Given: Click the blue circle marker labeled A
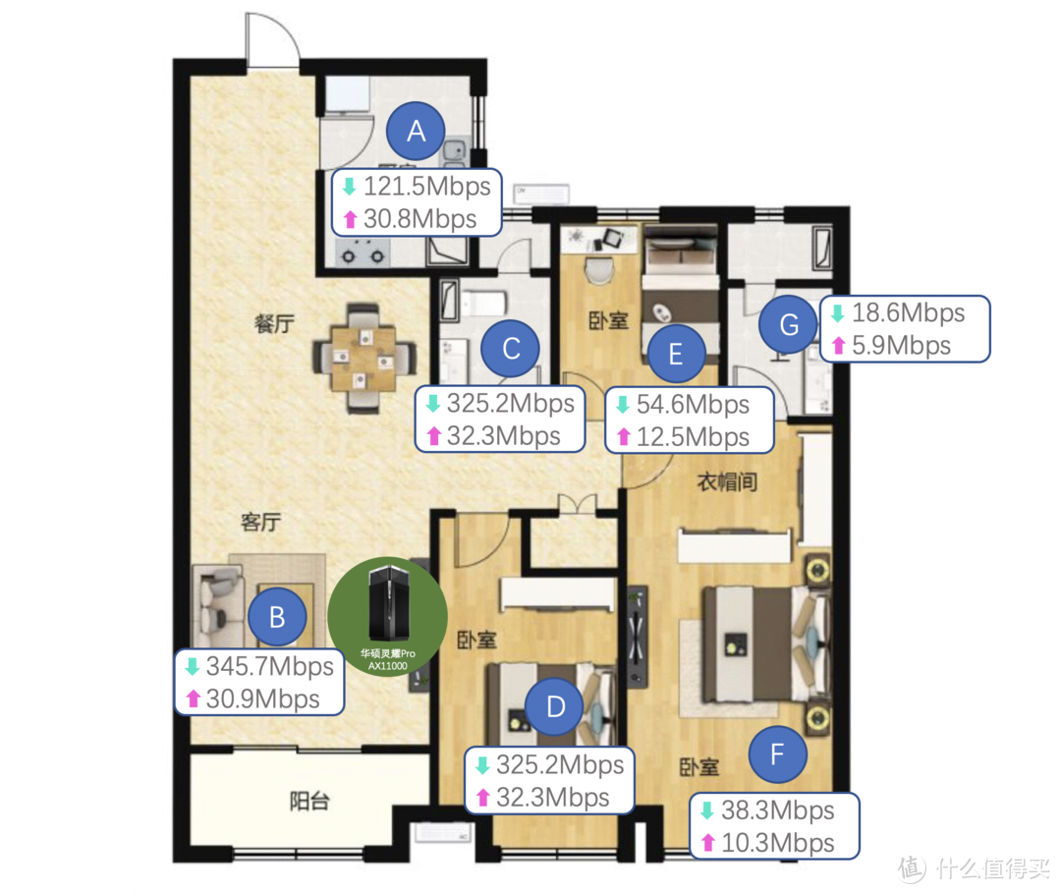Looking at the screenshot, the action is click(x=416, y=131).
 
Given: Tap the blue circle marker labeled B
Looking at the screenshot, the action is click(x=277, y=617).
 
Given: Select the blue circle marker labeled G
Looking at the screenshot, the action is click(x=788, y=324).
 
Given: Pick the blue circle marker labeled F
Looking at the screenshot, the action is click(x=777, y=754).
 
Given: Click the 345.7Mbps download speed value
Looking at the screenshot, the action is click(x=269, y=666).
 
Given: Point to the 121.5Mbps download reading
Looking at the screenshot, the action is click(x=427, y=186).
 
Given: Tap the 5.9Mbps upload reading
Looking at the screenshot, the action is click(x=901, y=345).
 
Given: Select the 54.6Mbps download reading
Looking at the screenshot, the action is click(x=693, y=404).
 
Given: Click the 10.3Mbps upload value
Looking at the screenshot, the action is click(x=777, y=843).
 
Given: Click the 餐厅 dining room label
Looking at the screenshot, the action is click(x=274, y=323).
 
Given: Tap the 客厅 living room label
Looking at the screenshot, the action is click(x=260, y=522).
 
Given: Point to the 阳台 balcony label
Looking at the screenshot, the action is click(x=309, y=802).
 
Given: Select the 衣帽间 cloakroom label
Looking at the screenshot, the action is click(x=727, y=481).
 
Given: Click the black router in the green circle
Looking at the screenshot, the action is click(x=388, y=603).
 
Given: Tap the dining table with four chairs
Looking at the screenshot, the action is click(x=363, y=359).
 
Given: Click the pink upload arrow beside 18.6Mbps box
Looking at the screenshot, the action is click(x=838, y=345).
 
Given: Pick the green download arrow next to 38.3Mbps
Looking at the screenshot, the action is click(x=707, y=810).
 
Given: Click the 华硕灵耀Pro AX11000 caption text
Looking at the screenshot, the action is click(x=388, y=660).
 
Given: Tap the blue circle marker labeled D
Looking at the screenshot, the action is click(x=555, y=706).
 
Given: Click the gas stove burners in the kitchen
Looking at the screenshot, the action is click(x=363, y=255).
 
